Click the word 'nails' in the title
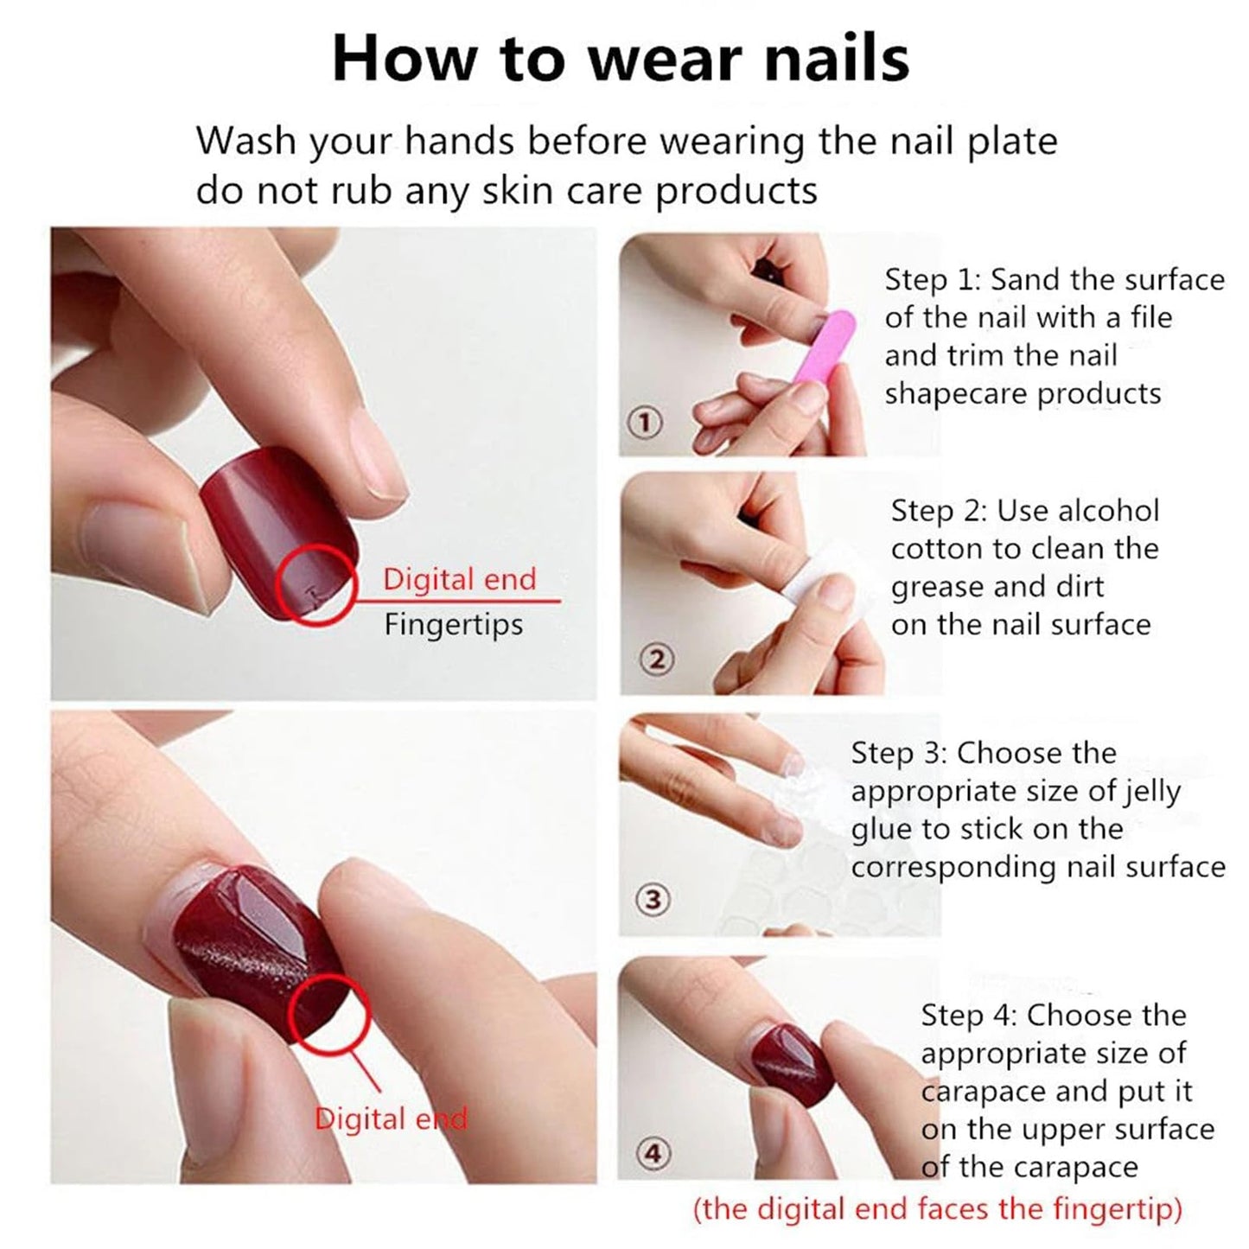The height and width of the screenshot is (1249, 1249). coord(837,59)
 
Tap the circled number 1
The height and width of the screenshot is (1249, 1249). coord(644,423)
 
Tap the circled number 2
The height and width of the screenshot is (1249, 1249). coord(657,660)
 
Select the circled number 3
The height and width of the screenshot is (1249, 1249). coord(653,900)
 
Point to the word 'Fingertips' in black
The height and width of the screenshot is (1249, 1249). coord(453,626)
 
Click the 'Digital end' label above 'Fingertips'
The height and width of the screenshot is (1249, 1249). coord(460,579)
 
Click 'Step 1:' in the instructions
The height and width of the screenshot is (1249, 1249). coord(934,280)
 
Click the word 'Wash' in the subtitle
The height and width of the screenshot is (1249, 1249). coord(246,141)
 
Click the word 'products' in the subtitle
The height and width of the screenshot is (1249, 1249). coord(736,192)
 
